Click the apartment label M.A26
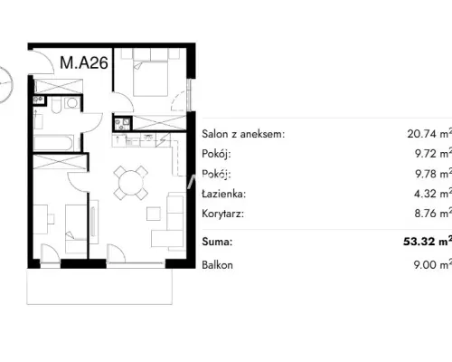[84, 62]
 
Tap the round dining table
[131, 183]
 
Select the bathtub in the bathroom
[53, 143]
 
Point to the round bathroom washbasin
[72, 103]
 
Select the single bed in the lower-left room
[76, 229]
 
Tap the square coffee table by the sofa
[154, 214]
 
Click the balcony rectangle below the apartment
[99, 287]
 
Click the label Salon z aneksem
[243, 134]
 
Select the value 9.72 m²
[433, 153]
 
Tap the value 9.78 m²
[433, 174]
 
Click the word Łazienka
[224, 194]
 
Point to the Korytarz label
[222, 214]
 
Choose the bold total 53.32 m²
[428, 241]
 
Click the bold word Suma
[217, 242]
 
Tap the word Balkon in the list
[217, 265]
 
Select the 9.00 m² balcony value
[433, 264]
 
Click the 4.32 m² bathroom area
[433, 193]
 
